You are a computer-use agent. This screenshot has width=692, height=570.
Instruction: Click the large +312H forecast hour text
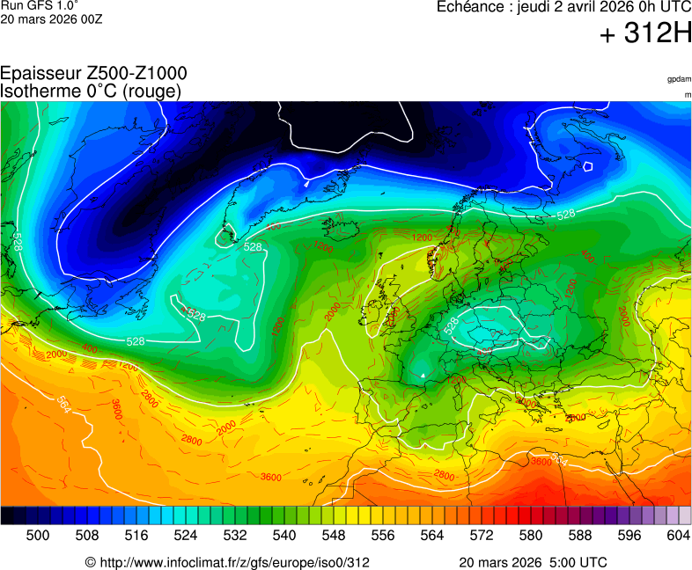(x=645, y=34)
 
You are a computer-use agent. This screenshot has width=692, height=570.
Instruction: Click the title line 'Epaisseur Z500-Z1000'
(x=93, y=74)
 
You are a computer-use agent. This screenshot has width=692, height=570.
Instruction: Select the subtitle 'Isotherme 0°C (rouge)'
(x=91, y=91)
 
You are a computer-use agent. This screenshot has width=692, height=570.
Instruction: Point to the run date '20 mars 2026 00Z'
(x=51, y=19)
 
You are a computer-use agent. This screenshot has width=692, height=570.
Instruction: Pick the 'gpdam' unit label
(x=678, y=79)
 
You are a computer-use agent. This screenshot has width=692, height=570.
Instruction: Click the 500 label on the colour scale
(x=37, y=534)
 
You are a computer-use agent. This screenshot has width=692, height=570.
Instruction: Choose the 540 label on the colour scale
(x=283, y=534)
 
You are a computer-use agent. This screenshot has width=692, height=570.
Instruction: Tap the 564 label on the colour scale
(x=431, y=534)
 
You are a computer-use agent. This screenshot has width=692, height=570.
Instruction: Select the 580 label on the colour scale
(x=530, y=534)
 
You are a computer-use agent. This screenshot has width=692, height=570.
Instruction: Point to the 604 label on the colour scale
(x=678, y=534)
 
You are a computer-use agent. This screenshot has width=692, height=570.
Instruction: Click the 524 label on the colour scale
(x=185, y=534)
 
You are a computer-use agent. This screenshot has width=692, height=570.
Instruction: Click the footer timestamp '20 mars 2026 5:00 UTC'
(x=533, y=562)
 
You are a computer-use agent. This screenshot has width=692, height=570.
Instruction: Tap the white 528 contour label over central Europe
(x=451, y=325)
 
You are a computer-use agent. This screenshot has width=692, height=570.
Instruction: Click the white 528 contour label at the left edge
(x=17, y=242)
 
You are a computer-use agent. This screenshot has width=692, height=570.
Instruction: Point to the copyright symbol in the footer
(x=89, y=562)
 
